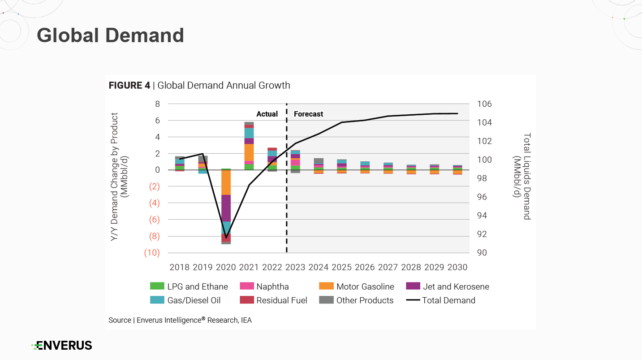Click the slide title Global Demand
coord(110,35)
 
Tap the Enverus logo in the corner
coord(62,345)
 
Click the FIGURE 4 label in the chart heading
coord(129,86)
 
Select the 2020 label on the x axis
coord(226,268)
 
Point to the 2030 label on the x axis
coord(457,268)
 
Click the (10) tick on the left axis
coord(152,253)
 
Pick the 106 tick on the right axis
coord(484,104)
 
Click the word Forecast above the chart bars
coord(308,114)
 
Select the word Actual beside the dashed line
coord(267,114)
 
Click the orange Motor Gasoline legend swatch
coord(326,286)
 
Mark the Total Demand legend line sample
coord(414,300)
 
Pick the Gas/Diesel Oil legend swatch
coord(157,300)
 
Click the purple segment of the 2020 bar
coord(226,208)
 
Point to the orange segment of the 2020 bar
coord(226,182)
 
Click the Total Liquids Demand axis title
coord(522,176)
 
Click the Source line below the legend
coord(180,321)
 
